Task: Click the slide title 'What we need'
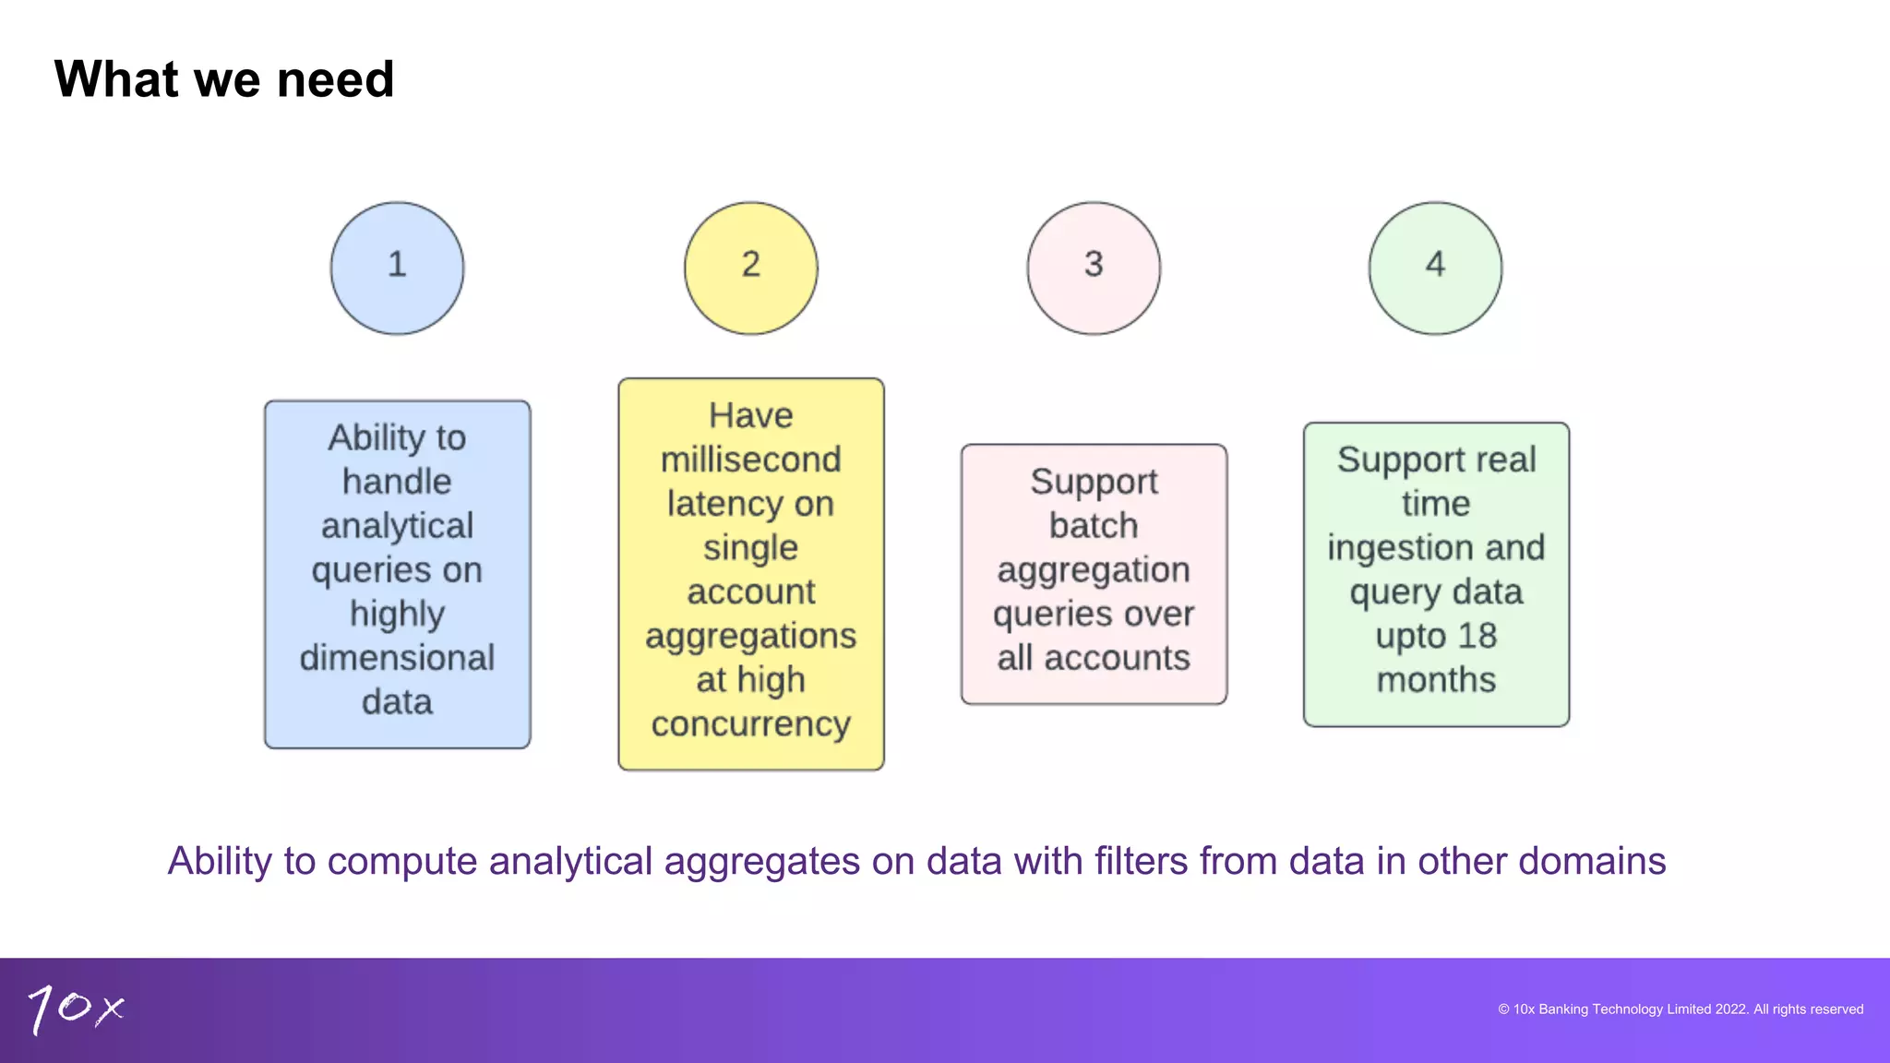(224, 79)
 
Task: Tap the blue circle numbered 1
(397, 268)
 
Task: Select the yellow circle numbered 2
(750, 268)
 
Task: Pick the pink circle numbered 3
(1094, 268)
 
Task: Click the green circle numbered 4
(1435, 268)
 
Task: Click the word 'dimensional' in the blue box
(397, 658)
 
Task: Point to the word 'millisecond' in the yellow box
(750, 460)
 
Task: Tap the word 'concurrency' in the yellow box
(750, 724)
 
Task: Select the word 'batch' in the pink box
(1094, 526)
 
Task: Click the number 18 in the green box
(1477, 636)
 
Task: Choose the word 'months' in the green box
(1436, 680)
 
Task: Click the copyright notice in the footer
(1680, 1009)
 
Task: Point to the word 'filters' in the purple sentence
(1141, 861)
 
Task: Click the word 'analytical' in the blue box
(397, 526)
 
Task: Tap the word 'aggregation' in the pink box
(1094, 570)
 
